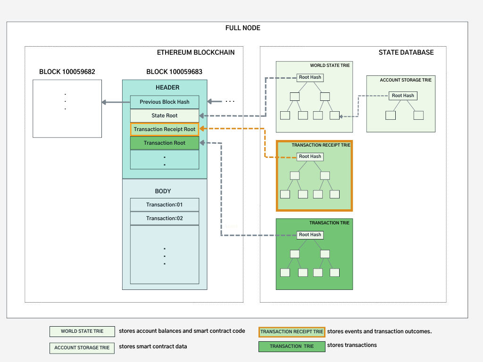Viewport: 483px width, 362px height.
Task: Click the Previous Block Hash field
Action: click(165, 102)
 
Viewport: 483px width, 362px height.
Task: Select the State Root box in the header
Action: click(165, 116)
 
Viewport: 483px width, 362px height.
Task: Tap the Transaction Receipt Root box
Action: click(165, 129)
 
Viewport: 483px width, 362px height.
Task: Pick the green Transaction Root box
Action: click(165, 143)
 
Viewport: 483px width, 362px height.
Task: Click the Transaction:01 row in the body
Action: click(165, 205)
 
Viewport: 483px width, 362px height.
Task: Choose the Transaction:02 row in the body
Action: click(165, 218)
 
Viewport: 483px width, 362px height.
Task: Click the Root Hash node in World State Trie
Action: click(310, 77)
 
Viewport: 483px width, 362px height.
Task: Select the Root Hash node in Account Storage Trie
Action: click(403, 96)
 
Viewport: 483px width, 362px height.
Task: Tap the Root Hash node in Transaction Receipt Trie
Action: click(310, 156)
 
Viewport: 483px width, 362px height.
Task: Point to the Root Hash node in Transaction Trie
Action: click(310, 235)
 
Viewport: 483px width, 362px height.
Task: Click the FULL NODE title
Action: click(243, 28)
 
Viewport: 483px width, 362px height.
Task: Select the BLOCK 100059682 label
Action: click(67, 72)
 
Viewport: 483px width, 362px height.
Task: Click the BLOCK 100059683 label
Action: click(175, 72)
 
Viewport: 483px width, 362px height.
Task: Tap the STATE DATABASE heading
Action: click(406, 52)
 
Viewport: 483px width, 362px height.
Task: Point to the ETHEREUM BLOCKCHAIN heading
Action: click(196, 52)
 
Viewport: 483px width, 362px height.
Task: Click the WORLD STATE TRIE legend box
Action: click(82, 331)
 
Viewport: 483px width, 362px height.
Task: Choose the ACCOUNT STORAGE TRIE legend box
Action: click(82, 348)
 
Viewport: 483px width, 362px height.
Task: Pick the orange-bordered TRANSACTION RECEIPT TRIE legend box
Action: click(291, 332)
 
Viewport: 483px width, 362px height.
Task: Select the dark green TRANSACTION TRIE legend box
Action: click(291, 346)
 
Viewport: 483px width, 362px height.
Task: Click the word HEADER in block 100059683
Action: click(167, 87)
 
